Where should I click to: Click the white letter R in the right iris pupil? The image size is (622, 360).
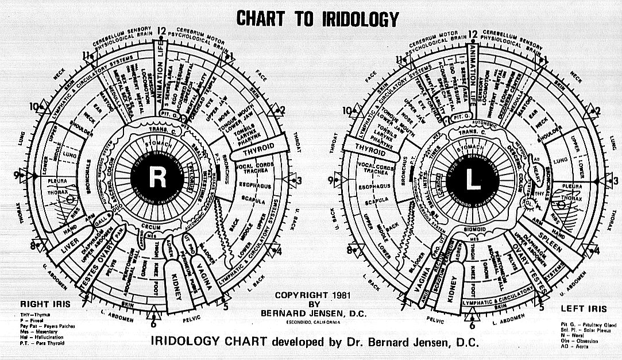157,178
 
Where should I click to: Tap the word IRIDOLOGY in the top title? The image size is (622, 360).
354,18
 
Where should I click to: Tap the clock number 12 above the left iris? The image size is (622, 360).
473,34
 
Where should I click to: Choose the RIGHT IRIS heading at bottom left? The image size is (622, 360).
41,303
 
